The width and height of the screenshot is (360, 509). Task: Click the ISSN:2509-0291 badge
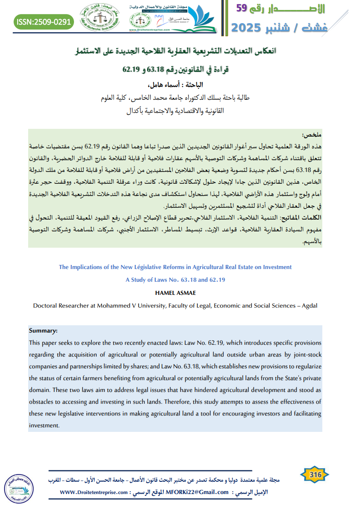pyautogui.click(x=44, y=21)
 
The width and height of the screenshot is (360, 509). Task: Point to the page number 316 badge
pyautogui.click(x=315, y=475)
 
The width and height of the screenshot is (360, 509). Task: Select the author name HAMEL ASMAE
pyautogui.click(x=175, y=293)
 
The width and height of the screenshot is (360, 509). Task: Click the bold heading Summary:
pyautogui.click(x=43, y=331)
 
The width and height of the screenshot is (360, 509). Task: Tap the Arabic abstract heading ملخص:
pyautogui.click(x=311, y=135)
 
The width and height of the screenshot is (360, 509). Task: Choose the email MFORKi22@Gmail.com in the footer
pyautogui.click(x=197, y=492)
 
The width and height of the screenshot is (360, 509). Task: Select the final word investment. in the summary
pyautogui.click(x=44, y=426)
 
